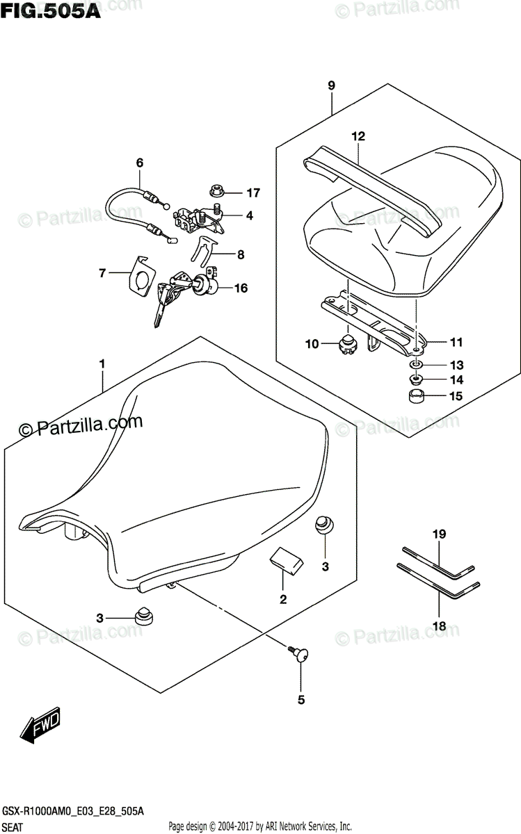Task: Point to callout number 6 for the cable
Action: point(139,163)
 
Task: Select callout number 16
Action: point(241,287)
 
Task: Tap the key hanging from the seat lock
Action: point(161,307)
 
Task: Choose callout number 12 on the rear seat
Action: point(358,136)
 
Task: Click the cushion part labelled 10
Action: point(346,343)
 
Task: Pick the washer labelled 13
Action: point(415,366)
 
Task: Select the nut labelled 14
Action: point(416,380)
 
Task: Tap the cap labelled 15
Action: point(416,398)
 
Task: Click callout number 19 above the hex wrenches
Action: point(440,534)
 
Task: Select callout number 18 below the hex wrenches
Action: point(439,625)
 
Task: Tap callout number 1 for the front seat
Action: point(102,364)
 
